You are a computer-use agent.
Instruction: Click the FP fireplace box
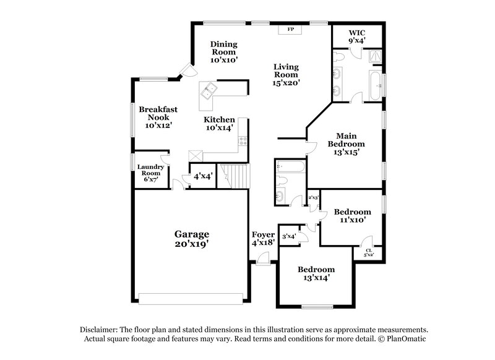[289, 29]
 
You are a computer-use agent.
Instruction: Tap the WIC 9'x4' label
[358, 36]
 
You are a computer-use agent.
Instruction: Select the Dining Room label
[223, 52]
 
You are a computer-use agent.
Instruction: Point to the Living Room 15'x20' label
[287, 74]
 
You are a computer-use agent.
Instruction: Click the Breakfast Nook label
[158, 117]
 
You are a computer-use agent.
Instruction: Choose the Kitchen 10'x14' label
[220, 124]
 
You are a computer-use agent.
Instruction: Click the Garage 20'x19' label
[191, 239]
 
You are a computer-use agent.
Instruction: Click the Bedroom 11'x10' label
[353, 215]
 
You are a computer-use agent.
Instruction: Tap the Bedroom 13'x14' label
[316, 273]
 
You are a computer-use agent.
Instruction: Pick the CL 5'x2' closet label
[368, 253]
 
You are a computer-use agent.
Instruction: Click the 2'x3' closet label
[313, 199]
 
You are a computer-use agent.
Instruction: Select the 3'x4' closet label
[289, 236]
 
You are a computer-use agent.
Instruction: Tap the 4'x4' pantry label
[202, 176]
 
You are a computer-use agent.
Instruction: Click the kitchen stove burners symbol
[244, 141]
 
